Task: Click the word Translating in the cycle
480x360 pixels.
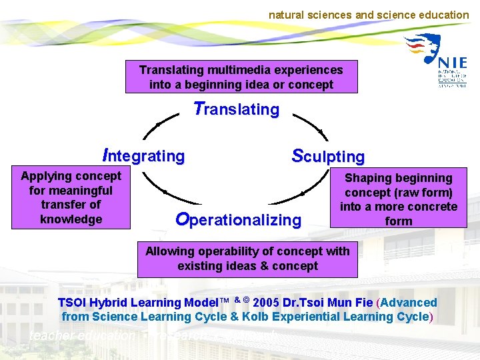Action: point(236,109)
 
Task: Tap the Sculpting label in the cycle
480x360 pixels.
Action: point(328,157)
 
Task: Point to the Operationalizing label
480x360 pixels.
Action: point(238,219)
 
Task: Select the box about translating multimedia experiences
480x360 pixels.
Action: point(241,77)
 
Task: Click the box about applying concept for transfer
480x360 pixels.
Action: point(71,198)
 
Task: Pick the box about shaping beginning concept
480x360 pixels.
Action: point(399,199)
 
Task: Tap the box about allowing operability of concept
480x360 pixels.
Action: point(247,258)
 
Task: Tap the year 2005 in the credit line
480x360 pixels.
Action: point(267,303)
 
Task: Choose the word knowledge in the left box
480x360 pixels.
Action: point(71,219)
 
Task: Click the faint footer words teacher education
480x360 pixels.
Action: point(81,337)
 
